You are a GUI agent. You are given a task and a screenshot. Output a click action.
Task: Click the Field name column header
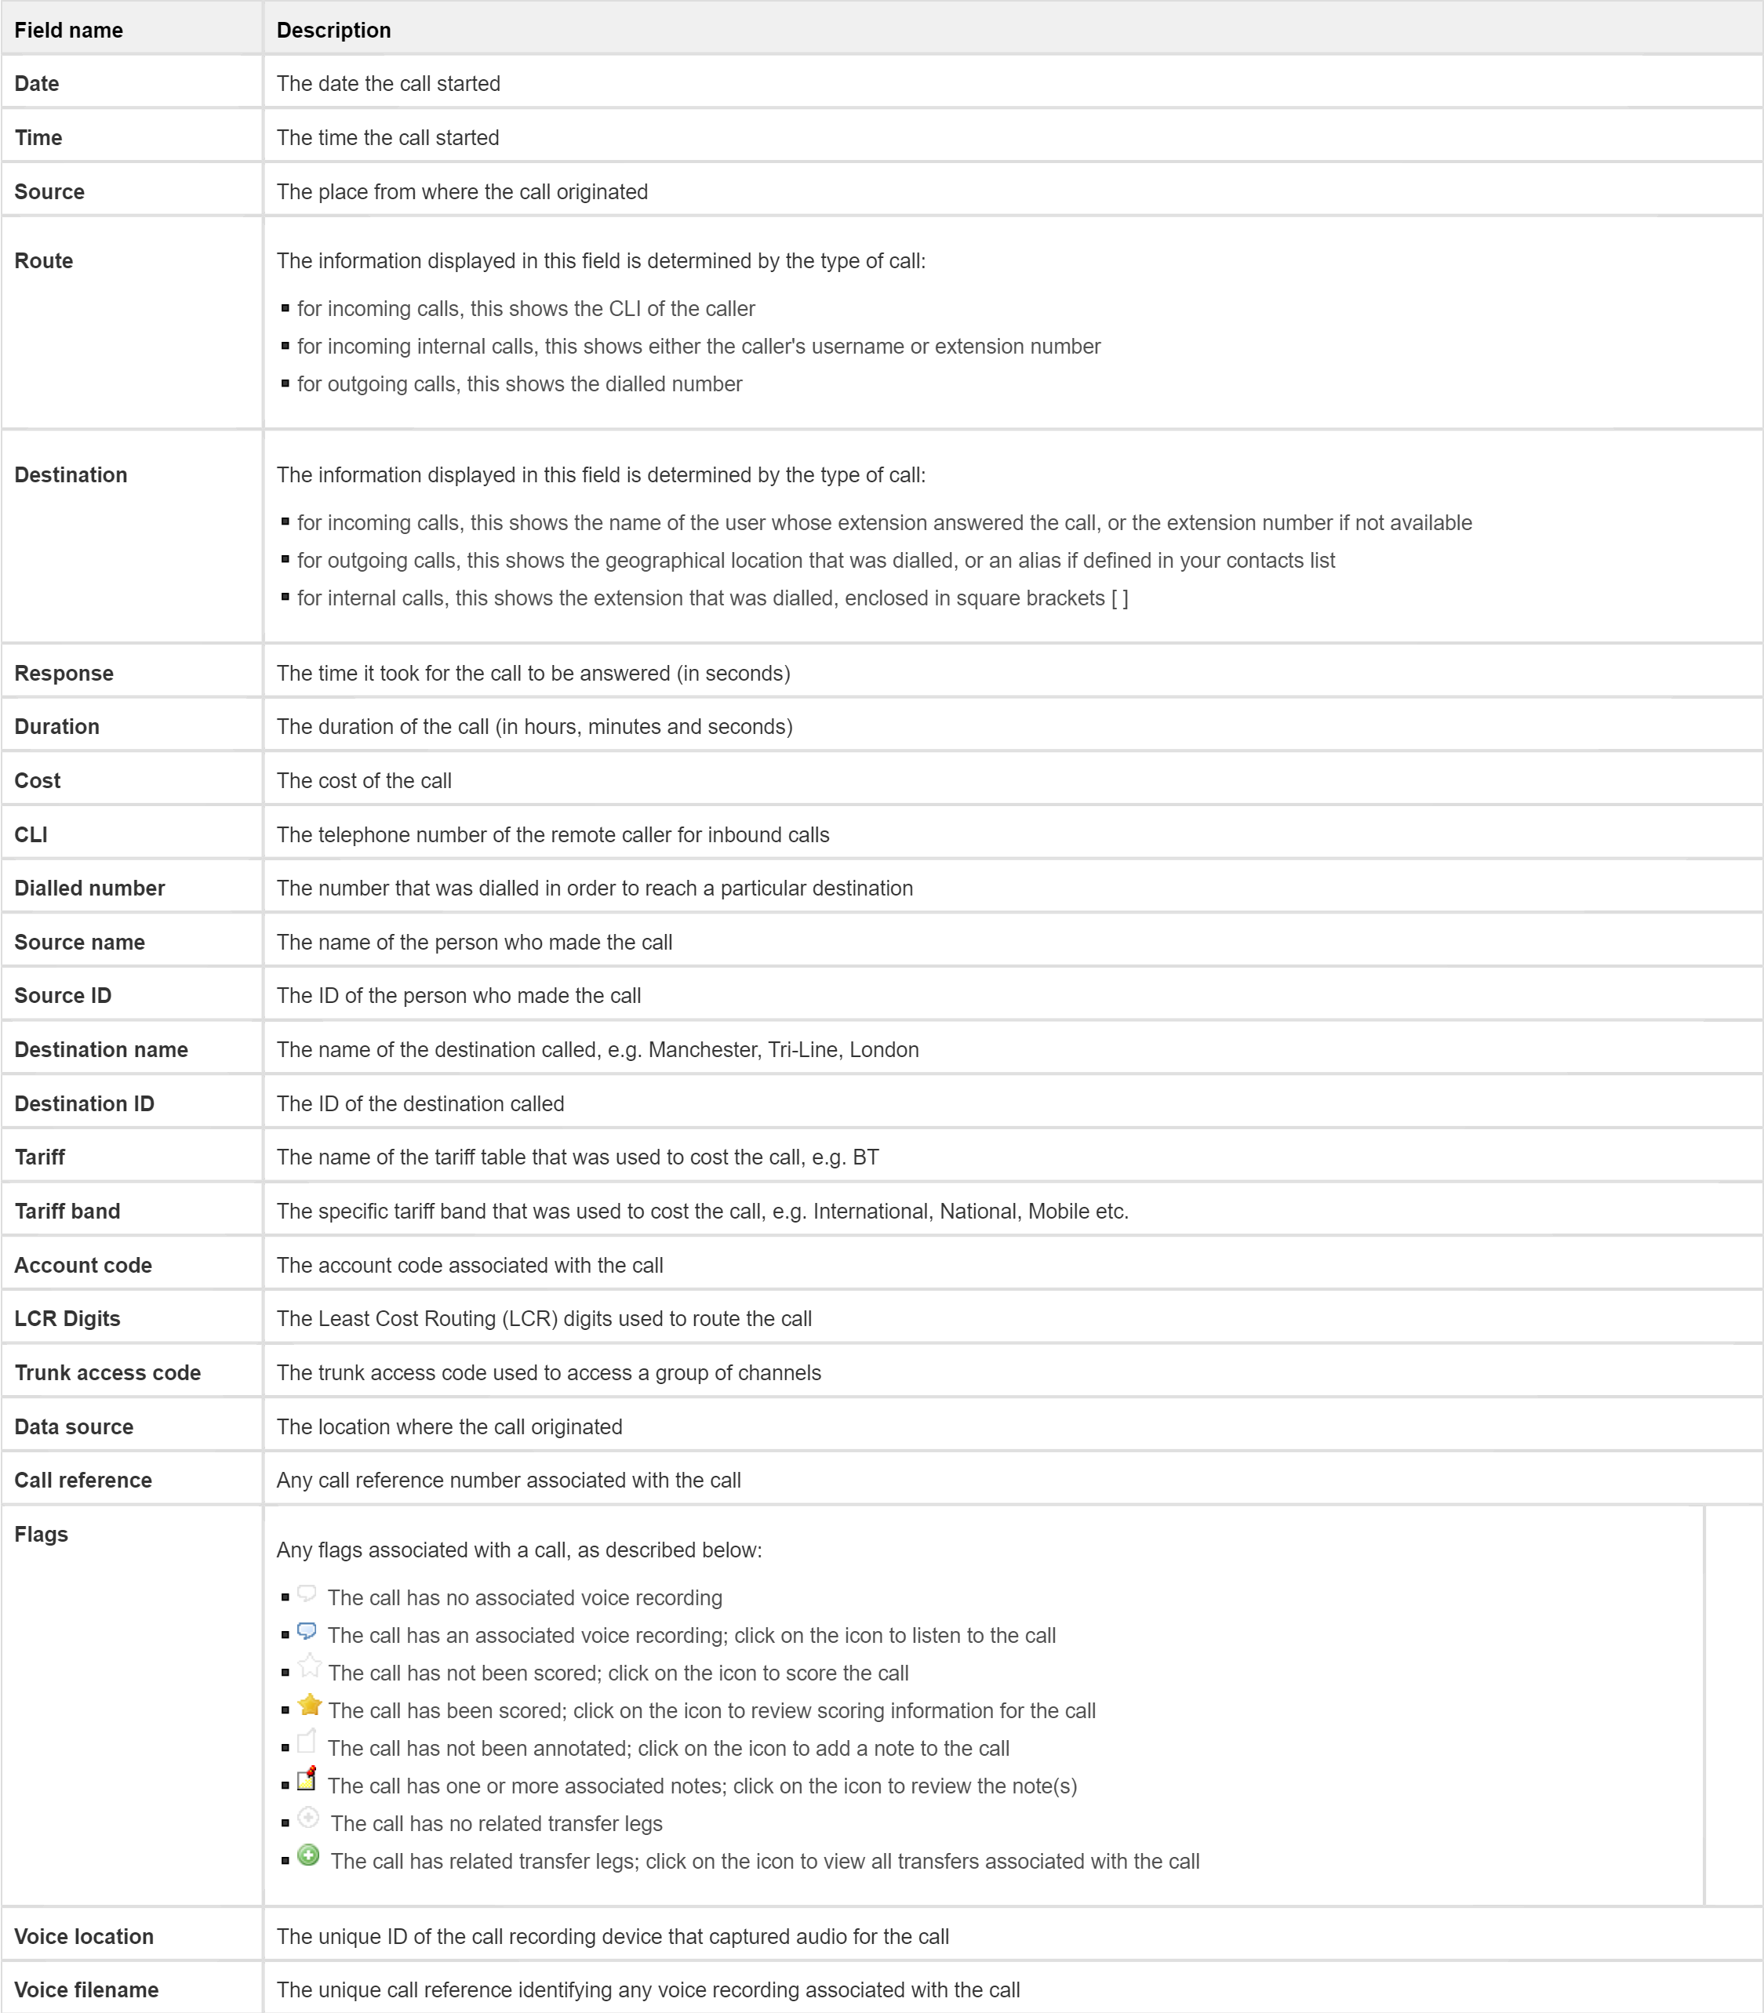[68, 30]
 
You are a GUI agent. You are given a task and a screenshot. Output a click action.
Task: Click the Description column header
[333, 30]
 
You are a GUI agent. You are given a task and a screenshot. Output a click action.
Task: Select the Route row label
[43, 261]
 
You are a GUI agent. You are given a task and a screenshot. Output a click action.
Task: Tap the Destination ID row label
[84, 1103]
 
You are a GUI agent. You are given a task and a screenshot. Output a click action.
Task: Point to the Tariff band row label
[67, 1211]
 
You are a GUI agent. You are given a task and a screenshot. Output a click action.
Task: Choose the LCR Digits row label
[67, 1318]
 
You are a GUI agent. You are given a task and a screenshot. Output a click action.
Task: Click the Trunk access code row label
[107, 1372]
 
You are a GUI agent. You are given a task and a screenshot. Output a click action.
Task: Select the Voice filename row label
[85, 1989]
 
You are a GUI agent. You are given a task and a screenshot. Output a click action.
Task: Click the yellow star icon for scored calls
[309, 1705]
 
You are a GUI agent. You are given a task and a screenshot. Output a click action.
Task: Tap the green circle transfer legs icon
[308, 1855]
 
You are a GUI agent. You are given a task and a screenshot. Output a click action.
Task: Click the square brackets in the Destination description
[1119, 598]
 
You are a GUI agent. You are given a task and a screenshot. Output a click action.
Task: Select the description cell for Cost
[364, 780]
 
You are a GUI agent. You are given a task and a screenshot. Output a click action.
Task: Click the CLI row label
[31, 834]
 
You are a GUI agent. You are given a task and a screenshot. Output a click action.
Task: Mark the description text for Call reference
[508, 1480]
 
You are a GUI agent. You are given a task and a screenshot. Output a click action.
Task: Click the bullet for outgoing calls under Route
[286, 384]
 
